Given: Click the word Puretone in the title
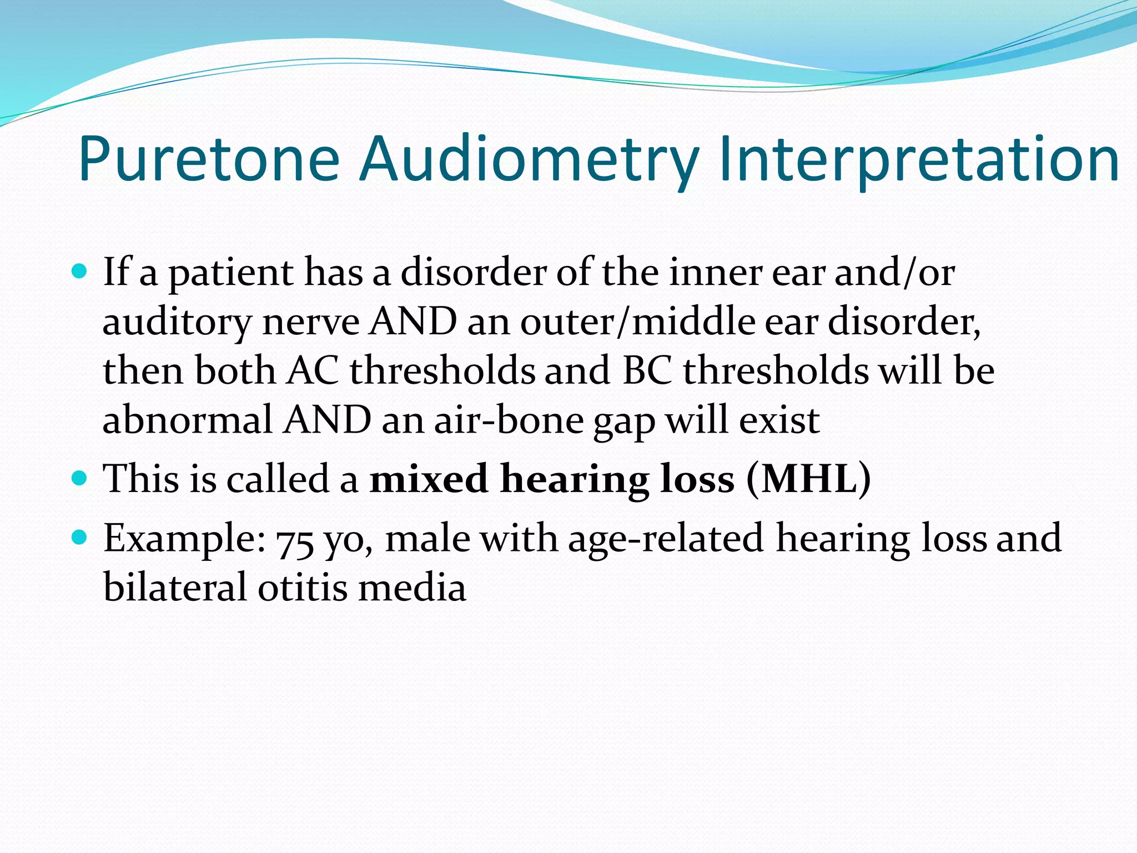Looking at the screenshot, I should coord(208,159).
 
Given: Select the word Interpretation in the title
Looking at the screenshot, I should coord(918,159).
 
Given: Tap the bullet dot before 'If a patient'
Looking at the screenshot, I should coord(80,271).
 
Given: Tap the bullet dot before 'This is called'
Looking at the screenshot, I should coord(80,477).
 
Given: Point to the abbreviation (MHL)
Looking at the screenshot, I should coord(808,478).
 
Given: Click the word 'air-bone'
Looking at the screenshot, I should coord(508,420).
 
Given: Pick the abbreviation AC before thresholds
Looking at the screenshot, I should coord(313,370).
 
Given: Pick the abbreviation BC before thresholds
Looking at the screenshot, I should coord(647,370).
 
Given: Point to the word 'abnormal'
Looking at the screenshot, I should coord(187,420).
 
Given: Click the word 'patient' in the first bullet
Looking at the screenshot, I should coord(231,273).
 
